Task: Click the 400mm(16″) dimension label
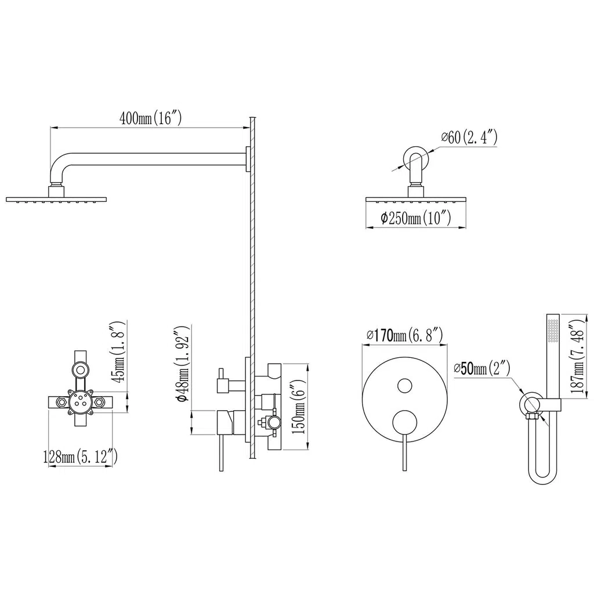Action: (x=150, y=118)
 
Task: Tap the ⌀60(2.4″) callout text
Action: (x=469, y=137)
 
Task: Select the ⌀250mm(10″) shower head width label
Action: (x=415, y=218)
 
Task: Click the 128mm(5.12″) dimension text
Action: (x=80, y=457)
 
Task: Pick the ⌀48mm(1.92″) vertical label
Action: (x=182, y=364)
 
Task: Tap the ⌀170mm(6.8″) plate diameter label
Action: (x=404, y=335)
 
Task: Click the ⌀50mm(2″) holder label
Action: (x=481, y=368)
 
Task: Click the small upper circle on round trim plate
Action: (x=404, y=385)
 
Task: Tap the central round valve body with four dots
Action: (x=80, y=403)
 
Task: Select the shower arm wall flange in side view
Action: (x=248, y=159)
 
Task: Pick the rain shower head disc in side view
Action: (x=56, y=200)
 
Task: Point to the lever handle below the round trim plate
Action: (x=404, y=453)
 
